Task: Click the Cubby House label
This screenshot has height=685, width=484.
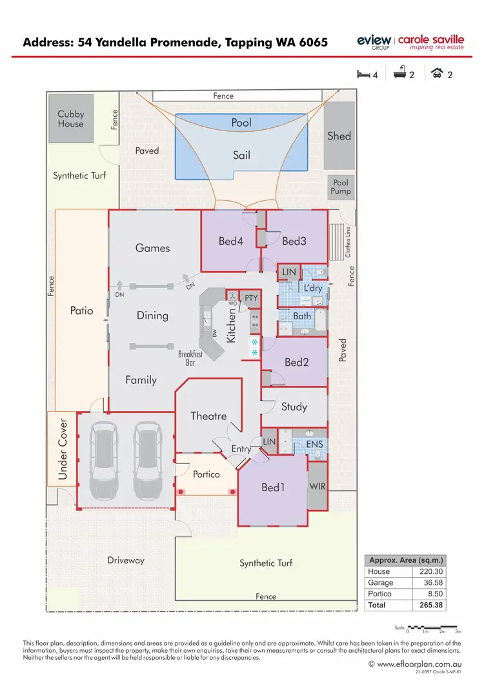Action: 71,119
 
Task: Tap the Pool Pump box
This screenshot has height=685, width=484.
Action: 341,187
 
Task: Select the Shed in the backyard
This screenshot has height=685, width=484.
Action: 339,136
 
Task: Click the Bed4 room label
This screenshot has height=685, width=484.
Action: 230,241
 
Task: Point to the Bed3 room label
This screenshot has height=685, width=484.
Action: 294,241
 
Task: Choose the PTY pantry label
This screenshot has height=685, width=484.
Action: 251,298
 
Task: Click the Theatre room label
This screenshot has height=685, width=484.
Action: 208,416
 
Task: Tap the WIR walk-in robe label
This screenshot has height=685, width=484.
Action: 317,485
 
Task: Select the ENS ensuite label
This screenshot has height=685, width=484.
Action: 314,445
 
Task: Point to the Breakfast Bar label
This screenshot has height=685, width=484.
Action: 190,359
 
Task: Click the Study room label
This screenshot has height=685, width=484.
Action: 294,406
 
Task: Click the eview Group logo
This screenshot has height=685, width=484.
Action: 374,41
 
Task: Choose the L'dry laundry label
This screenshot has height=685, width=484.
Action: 313,288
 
